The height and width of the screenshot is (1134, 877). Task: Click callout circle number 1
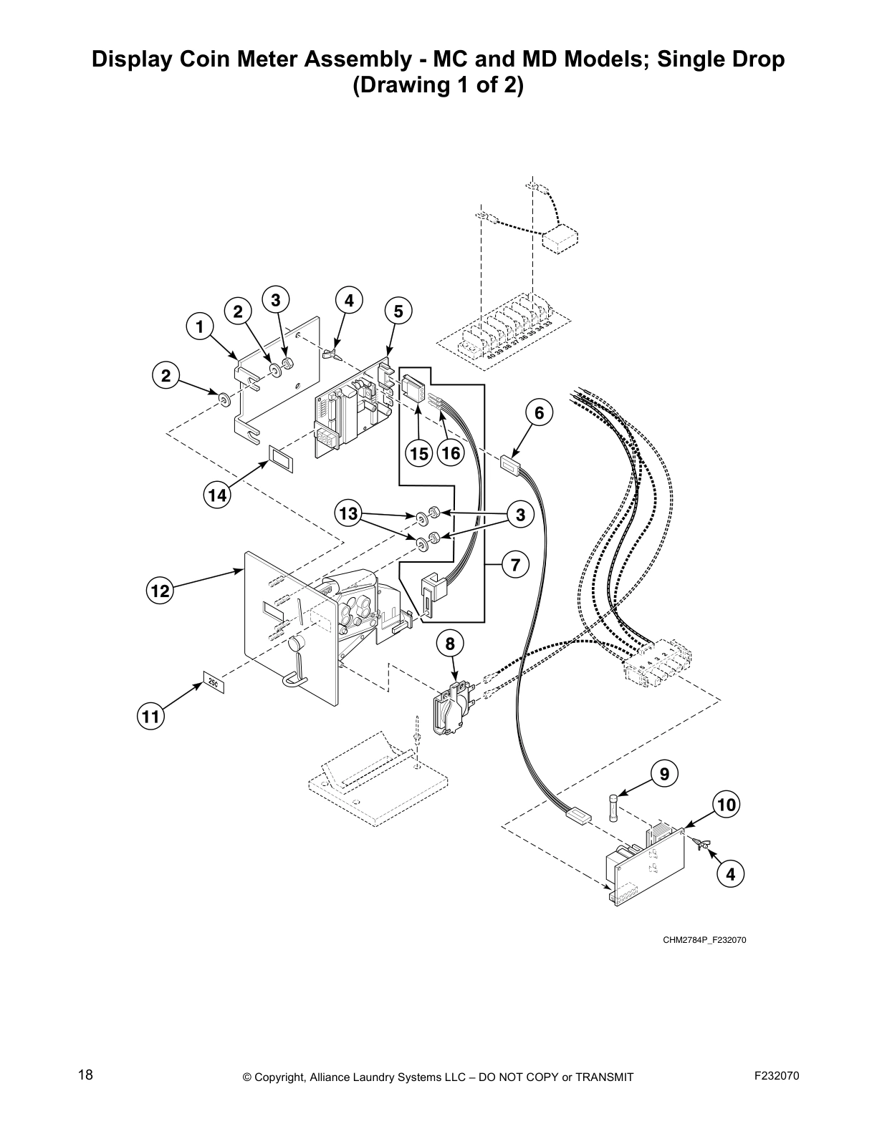[x=200, y=327]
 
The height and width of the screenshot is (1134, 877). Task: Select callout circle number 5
[x=398, y=311]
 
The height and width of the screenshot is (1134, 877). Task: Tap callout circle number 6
[x=539, y=412]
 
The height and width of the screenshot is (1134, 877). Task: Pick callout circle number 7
[x=515, y=565]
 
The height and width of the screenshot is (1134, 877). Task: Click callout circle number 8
[x=450, y=644]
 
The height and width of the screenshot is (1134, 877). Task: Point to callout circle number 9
[x=664, y=773]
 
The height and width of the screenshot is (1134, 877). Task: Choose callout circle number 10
[x=727, y=805]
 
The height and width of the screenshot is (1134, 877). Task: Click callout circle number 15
[x=419, y=453]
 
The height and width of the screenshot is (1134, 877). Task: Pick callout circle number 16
[x=450, y=453]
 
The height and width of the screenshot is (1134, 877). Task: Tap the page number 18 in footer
[x=85, y=1075]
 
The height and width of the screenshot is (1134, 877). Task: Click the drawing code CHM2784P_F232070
[x=704, y=940]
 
